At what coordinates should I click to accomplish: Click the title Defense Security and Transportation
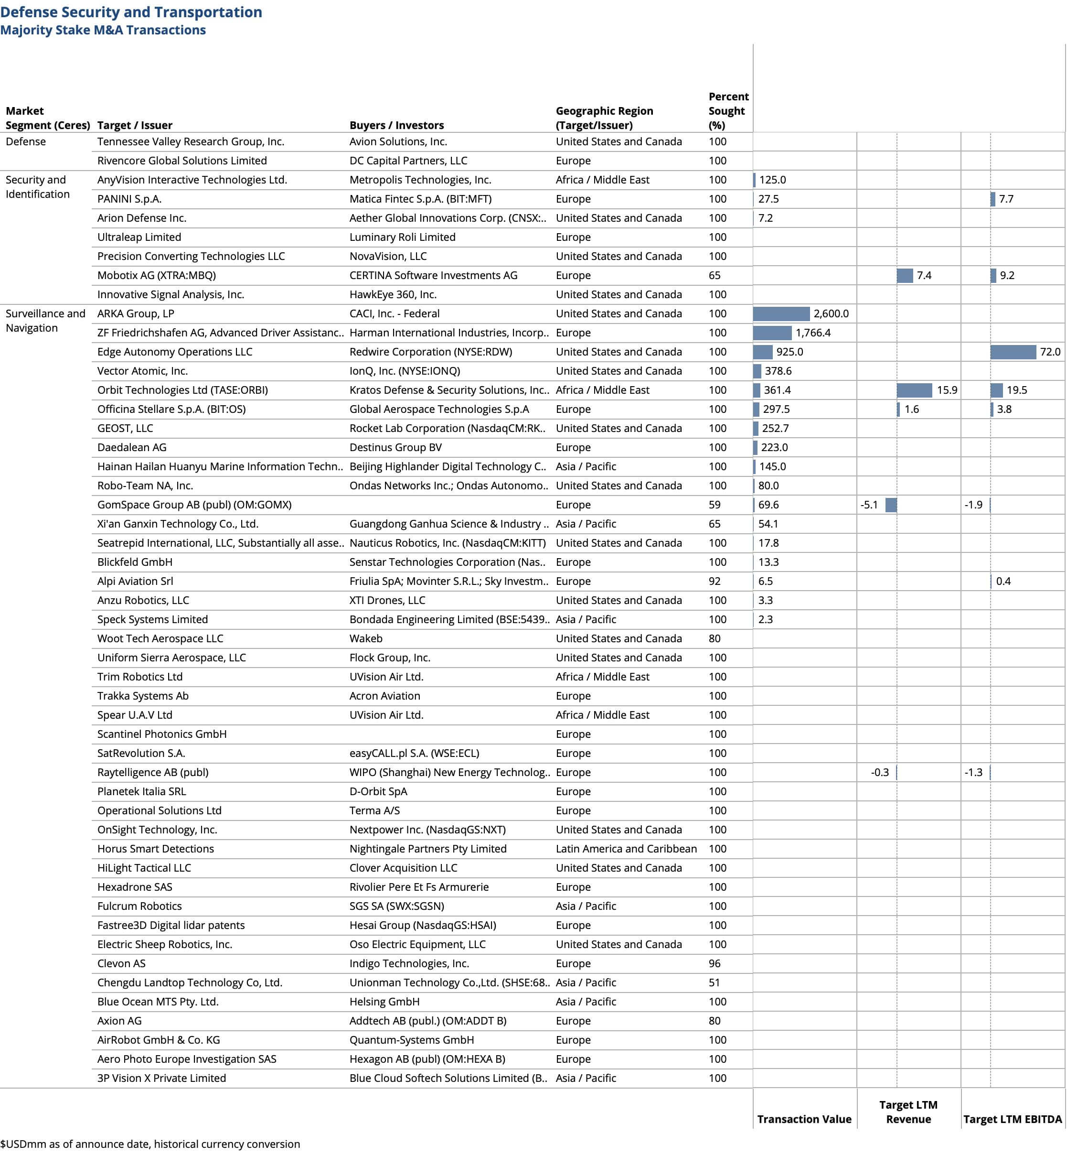click(x=131, y=12)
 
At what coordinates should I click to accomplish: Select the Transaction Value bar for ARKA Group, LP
click(x=781, y=313)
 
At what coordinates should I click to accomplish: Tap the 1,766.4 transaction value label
click(x=813, y=333)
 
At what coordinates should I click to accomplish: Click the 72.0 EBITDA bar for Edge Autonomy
click(x=1013, y=352)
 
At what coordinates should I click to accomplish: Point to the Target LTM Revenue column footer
click(x=908, y=1112)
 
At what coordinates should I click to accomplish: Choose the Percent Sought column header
click(x=728, y=110)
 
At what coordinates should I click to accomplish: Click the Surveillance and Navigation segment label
click(x=45, y=321)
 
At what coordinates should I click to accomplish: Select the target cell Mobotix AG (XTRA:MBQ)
click(x=156, y=275)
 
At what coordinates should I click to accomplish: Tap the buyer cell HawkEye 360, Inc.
click(x=393, y=294)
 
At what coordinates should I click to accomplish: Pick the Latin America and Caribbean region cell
click(x=626, y=849)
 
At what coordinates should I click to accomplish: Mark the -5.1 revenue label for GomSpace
click(x=869, y=504)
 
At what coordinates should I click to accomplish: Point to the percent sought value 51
click(x=715, y=982)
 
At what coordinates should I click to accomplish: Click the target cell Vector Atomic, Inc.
click(x=142, y=371)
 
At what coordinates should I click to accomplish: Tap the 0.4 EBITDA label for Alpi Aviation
click(x=1003, y=581)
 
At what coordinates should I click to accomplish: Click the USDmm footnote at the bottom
click(x=149, y=1144)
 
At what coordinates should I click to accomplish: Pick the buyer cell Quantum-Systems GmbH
click(x=412, y=1039)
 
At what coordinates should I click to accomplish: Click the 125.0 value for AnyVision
click(x=772, y=180)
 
